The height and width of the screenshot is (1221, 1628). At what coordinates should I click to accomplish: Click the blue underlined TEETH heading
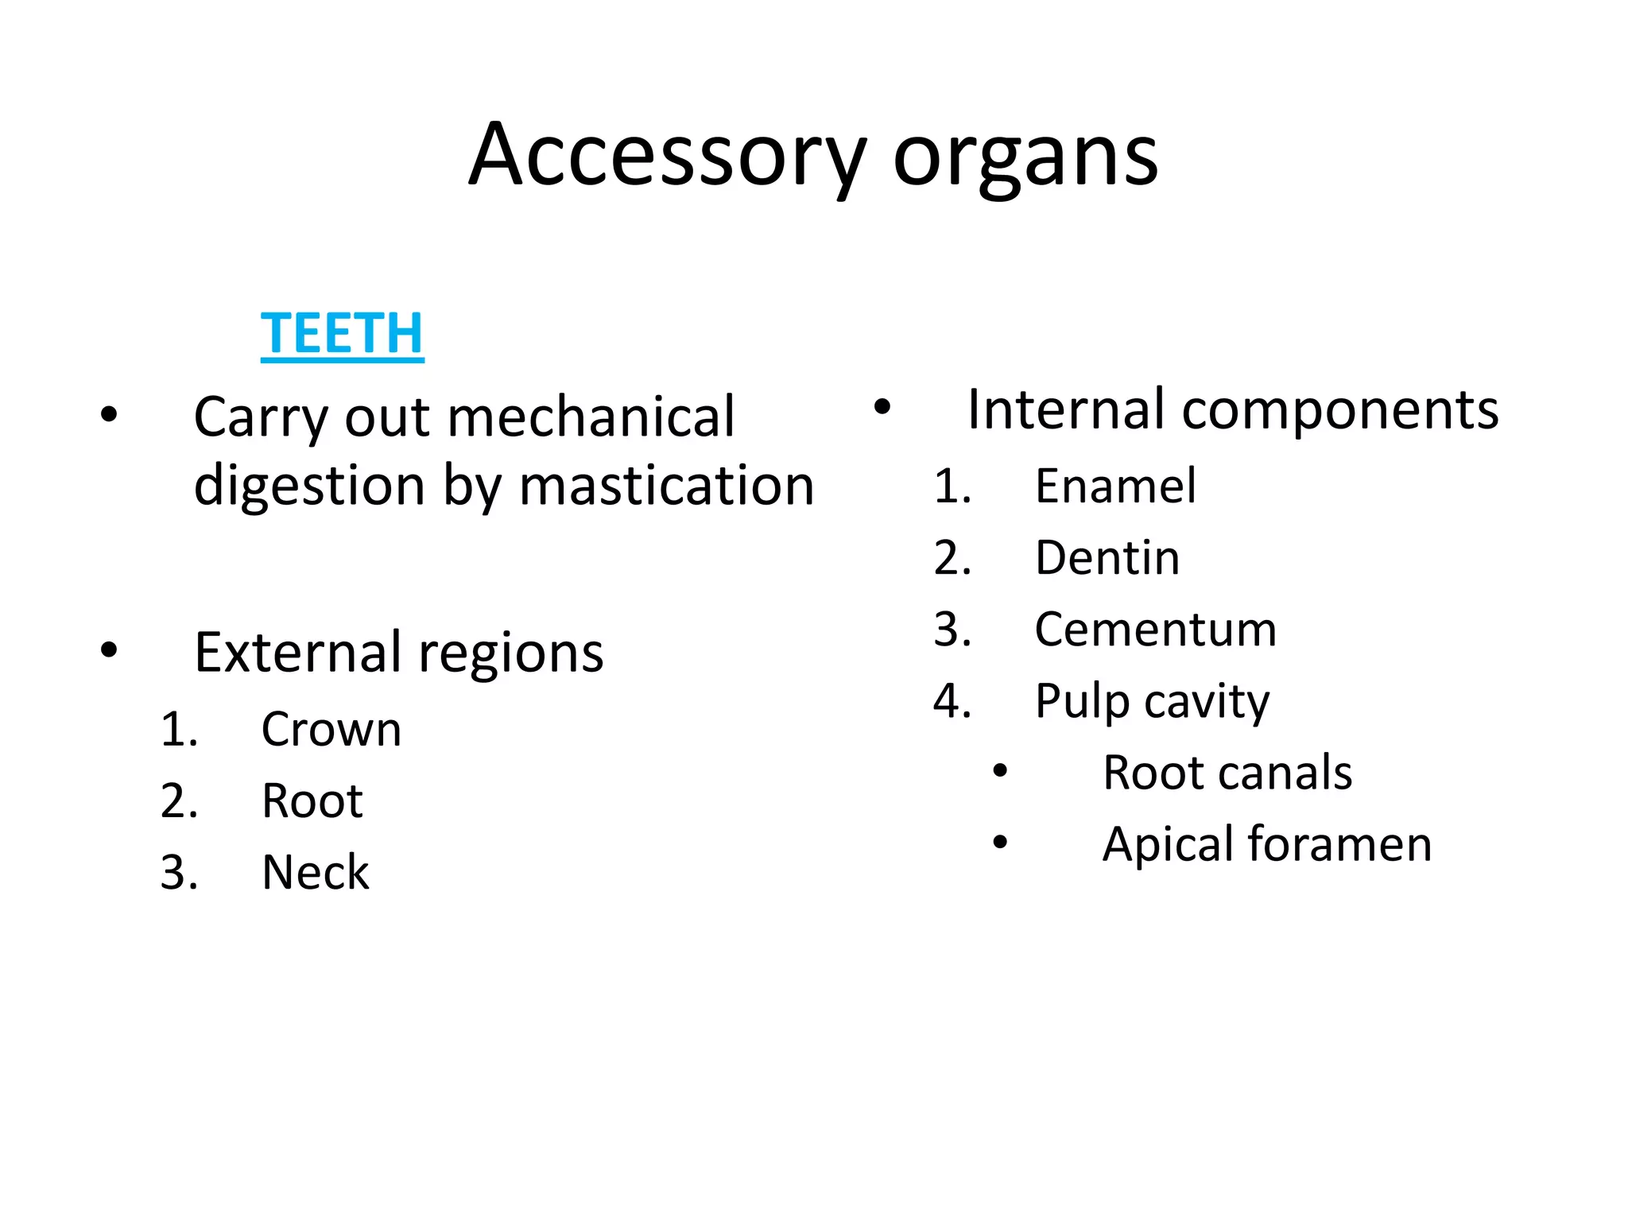click(x=342, y=334)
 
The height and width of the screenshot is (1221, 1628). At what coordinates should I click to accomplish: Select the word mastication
click(x=666, y=485)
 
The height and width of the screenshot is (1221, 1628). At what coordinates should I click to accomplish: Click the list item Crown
click(x=331, y=729)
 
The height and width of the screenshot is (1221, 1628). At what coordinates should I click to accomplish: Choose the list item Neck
click(x=316, y=872)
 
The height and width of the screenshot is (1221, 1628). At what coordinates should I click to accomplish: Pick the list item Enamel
click(x=1114, y=486)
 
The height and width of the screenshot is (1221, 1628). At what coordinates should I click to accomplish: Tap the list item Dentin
click(x=1107, y=557)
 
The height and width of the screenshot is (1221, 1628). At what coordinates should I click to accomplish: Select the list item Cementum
click(x=1155, y=629)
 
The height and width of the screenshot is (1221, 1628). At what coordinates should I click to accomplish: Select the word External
click(x=297, y=653)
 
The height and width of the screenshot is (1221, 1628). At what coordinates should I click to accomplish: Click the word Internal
click(x=1066, y=410)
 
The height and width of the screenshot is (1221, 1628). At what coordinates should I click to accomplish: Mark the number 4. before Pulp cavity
click(x=952, y=701)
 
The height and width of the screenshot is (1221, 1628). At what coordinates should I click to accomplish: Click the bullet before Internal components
click(x=882, y=408)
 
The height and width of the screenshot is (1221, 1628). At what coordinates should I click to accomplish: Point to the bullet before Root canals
click(x=1000, y=770)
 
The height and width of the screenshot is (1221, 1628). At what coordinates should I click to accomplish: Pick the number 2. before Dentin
click(x=952, y=558)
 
